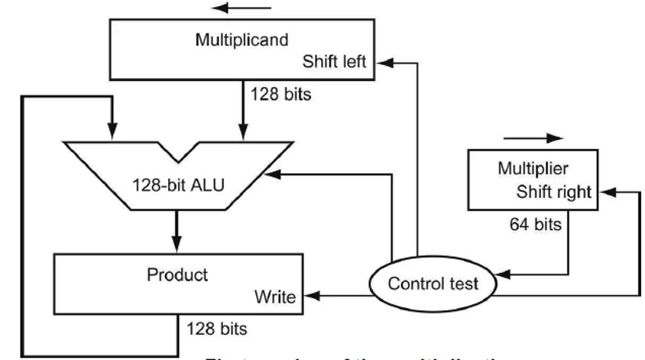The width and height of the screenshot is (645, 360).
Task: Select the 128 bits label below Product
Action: pos(219,330)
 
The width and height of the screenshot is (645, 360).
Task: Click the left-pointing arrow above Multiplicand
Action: pos(241,8)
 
